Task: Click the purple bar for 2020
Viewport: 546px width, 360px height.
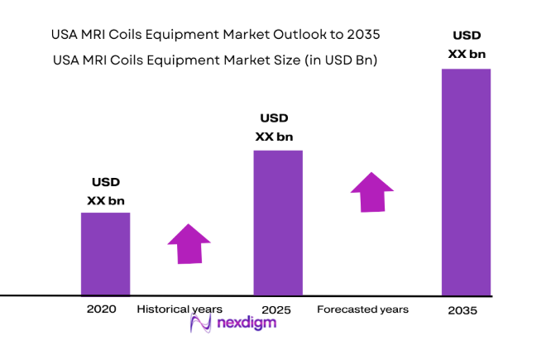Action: [105, 253]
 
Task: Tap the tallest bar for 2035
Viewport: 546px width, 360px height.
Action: [466, 181]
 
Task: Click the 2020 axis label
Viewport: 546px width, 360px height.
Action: [101, 309]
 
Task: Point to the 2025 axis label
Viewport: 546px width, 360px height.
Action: [277, 309]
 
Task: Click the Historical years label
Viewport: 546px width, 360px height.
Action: [180, 309]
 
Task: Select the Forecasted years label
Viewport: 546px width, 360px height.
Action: [362, 309]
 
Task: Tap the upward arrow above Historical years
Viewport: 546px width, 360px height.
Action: [189, 243]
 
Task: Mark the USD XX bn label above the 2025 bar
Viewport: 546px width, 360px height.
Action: [276, 127]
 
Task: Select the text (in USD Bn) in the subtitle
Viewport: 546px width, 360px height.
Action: [339, 60]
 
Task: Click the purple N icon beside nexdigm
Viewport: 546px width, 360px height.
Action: [199, 324]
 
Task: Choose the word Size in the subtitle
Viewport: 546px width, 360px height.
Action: [270, 60]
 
